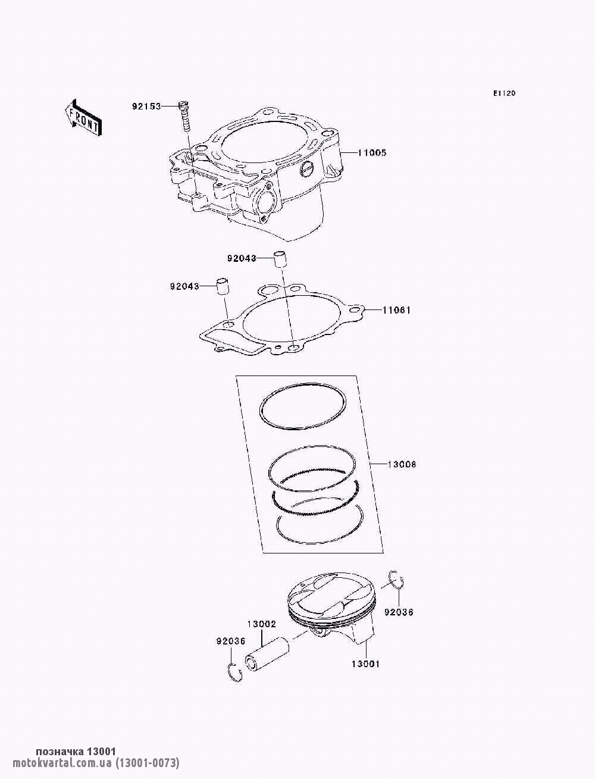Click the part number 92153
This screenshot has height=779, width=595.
pyautogui.click(x=146, y=106)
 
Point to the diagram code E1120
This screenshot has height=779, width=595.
pyautogui.click(x=504, y=93)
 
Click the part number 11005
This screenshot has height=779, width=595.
pyautogui.click(x=372, y=153)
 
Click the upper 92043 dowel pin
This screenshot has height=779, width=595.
pyautogui.click(x=280, y=260)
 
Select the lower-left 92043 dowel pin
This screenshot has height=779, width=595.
pyautogui.click(x=223, y=286)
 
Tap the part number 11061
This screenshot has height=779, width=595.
pyautogui.click(x=396, y=310)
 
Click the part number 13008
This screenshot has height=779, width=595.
pyautogui.click(x=402, y=464)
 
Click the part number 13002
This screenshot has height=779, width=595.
pyautogui.click(x=261, y=624)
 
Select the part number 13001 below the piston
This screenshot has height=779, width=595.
pyautogui.click(x=365, y=664)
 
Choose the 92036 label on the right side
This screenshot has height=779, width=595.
pyautogui.click(x=399, y=612)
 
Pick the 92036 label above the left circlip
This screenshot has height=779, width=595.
pyautogui.click(x=231, y=642)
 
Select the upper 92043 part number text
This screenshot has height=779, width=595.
pyautogui.click(x=242, y=259)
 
